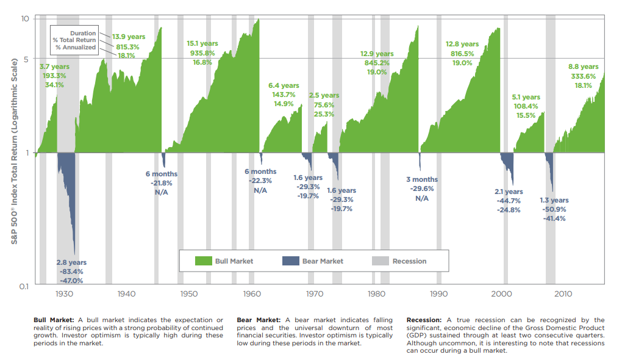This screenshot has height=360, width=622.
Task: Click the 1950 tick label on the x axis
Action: (x=188, y=294)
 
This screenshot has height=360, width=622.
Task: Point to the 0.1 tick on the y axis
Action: (x=24, y=286)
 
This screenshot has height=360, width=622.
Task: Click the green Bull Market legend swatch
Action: (x=203, y=261)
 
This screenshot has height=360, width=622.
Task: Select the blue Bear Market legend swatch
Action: (x=290, y=261)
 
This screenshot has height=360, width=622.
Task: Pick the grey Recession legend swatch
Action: (x=380, y=261)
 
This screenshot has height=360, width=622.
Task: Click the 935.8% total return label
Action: (x=202, y=53)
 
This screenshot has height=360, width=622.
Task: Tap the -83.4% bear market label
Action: (x=71, y=272)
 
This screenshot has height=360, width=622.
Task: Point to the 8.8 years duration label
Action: (x=583, y=67)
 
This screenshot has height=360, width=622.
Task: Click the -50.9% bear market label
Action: (x=554, y=209)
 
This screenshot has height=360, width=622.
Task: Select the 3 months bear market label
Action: (x=421, y=179)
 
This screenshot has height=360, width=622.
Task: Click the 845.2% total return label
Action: (x=376, y=63)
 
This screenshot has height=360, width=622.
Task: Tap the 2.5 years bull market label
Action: (x=324, y=96)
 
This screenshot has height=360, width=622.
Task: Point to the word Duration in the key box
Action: (x=82, y=33)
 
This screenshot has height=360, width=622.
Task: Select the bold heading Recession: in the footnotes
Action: (x=424, y=320)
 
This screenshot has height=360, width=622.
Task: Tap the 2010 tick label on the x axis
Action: (x=563, y=294)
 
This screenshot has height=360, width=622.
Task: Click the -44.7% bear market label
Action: (x=508, y=201)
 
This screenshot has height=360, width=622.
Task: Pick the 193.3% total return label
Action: (x=54, y=76)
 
